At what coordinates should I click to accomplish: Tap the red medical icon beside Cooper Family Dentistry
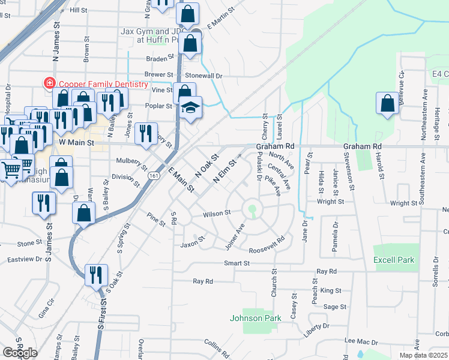49,84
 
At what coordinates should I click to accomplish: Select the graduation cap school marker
191,108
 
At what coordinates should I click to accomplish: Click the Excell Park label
394,260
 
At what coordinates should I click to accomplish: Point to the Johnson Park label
256,317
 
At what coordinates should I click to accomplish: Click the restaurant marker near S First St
96,275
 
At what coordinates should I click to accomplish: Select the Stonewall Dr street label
203,76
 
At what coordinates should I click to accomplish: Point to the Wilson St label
217,213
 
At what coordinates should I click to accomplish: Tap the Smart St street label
237,263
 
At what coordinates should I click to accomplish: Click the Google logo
20,352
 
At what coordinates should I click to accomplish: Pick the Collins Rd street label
216,347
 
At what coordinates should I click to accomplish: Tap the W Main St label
77,143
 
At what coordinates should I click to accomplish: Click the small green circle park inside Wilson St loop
253,210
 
